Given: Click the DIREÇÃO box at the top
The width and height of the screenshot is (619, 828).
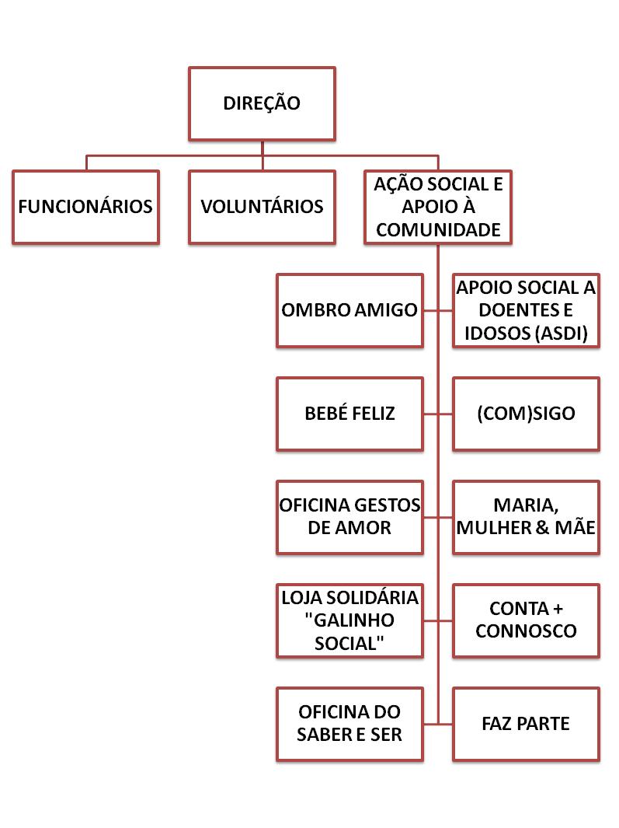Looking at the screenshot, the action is (x=262, y=103).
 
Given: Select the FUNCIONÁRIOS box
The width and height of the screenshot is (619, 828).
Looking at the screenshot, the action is (x=85, y=207).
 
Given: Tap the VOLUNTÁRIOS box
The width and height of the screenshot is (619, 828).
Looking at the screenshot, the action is (x=262, y=207).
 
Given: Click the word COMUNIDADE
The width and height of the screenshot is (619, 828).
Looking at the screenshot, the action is (x=438, y=229).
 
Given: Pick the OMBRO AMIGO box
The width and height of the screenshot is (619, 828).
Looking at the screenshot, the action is (x=349, y=310).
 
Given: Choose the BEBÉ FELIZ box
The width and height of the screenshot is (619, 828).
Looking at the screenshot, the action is (x=349, y=414).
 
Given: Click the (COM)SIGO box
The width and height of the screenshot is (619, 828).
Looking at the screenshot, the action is (x=526, y=414).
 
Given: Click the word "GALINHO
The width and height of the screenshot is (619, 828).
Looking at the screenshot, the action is (x=349, y=620).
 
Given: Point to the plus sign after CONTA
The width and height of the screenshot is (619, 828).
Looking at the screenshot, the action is (x=558, y=609).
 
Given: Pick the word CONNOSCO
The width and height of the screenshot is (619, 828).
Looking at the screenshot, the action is (x=526, y=631).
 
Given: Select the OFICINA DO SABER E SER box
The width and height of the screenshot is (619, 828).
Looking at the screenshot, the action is (x=349, y=724).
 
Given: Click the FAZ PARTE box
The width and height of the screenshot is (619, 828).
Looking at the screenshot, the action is (x=526, y=724).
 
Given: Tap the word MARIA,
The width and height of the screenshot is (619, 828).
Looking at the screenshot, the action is (x=526, y=506).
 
